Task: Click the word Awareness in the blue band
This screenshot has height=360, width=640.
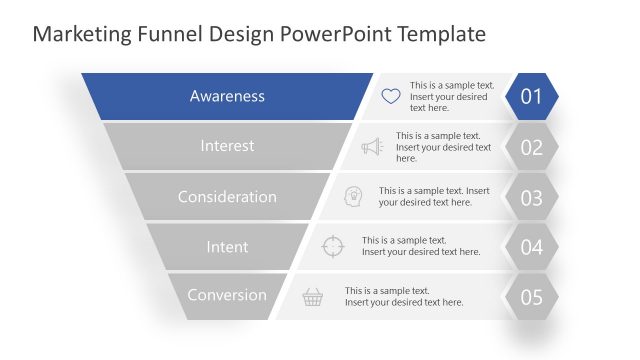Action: [x=227, y=97]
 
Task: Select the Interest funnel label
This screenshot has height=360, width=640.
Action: [x=227, y=146]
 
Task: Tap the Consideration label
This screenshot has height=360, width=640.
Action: [x=227, y=197]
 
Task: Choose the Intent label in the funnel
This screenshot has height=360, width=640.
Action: [x=227, y=246]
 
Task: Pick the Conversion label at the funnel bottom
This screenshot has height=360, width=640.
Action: [x=227, y=295]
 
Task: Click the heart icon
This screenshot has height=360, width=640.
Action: [x=390, y=97]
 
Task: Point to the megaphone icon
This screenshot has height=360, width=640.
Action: [x=372, y=147]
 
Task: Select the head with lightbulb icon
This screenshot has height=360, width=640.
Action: [x=353, y=196]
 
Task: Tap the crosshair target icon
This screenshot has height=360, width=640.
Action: [x=333, y=246]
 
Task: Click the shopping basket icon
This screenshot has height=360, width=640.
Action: [x=313, y=296]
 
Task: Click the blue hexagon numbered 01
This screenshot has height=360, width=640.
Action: [x=531, y=97]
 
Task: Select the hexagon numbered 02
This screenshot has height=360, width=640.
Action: [x=531, y=147]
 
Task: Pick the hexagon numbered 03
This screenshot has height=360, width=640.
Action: [x=531, y=197]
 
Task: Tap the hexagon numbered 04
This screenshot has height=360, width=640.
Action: [x=531, y=247]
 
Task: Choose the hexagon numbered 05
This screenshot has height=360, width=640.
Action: [x=531, y=297]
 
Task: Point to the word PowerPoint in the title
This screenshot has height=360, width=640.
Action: [x=334, y=34]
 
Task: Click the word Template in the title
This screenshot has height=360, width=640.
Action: [x=442, y=34]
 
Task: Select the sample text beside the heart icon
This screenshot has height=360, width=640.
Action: [x=451, y=97]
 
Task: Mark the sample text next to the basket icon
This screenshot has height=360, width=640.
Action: [x=404, y=296]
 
